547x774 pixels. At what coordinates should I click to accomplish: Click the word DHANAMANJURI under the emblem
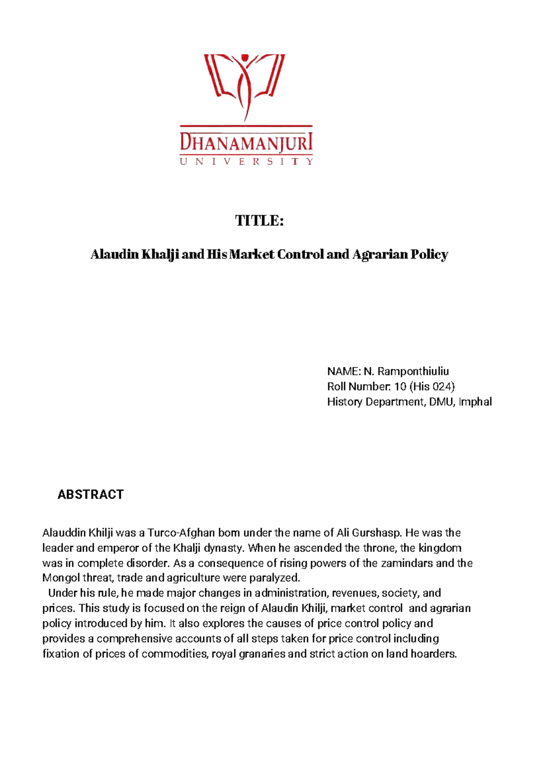pyautogui.click(x=246, y=143)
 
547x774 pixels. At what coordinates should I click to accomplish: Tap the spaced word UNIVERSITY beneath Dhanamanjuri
pyautogui.click(x=246, y=161)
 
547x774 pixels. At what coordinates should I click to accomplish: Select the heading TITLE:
pyautogui.click(x=259, y=221)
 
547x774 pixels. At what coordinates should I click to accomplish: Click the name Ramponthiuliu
pyautogui.click(x=413, y=372)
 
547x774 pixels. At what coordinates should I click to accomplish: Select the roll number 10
pyautogui.click(x=400, y=387)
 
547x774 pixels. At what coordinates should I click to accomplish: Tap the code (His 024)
pyautogui.click(x=432, y=387)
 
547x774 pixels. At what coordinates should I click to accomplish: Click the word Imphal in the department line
pyautogui.click(x=475, y=402)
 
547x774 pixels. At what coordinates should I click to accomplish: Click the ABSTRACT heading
pyautogui.click(x=90, y=495)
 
